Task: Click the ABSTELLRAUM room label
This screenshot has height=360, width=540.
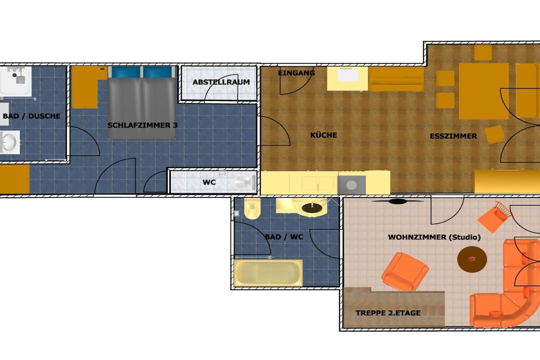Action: point(221,82)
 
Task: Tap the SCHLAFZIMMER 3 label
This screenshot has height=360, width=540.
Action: point(142,125)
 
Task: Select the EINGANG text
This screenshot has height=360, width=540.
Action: point(296,73)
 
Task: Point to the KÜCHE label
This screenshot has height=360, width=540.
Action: point(323,135)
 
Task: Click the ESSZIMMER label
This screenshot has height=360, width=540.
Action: point(453,136)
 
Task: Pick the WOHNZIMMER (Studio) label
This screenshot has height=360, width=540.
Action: point(434,237)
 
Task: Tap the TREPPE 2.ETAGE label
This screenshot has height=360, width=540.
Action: point(388,313)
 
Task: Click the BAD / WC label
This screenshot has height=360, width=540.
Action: point(284,237)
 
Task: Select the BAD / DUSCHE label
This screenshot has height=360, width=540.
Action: point(31,116)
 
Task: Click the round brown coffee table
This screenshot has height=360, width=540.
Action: point(472,259)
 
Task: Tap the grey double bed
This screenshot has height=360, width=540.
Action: point(141,103)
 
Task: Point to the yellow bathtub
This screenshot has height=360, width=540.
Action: point(268,273)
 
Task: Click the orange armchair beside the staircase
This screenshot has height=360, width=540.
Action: point(405,271)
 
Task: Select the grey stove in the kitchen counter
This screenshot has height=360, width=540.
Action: point(352,185)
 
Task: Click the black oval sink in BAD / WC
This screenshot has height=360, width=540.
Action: point(312,208)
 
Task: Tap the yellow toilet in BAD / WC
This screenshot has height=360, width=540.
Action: point(253,209)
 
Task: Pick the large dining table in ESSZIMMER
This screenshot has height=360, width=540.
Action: point(484,91)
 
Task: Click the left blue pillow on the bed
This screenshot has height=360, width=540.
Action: point(126,72)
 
